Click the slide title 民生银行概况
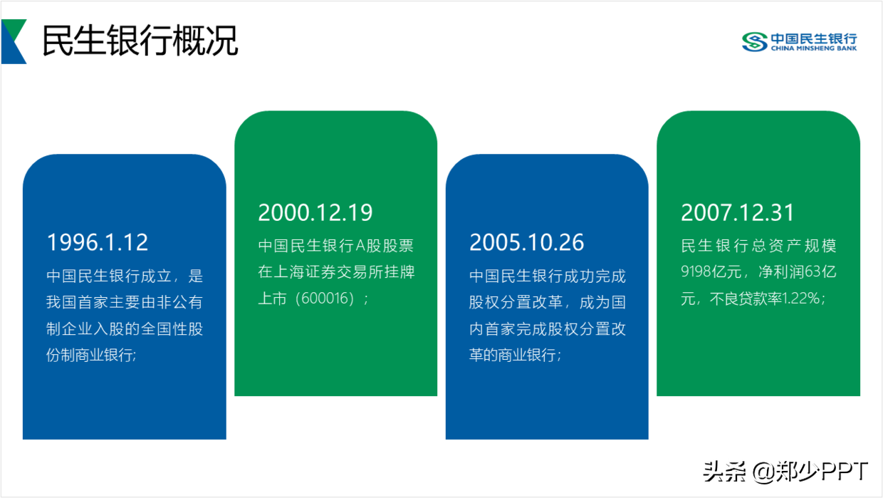point(140,40)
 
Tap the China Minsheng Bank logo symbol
point(755,42)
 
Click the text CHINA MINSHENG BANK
point(814,48)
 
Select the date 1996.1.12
point(98,242)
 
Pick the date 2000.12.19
point(315,212)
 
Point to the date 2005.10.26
point(527,242)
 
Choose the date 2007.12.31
point(738,212)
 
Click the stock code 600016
point(325,299)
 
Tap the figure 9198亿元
point(711,271)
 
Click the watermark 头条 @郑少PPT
point(785,471)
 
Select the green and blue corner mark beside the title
point(14,41)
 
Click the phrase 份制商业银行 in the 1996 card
point(90,355)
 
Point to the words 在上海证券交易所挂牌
point(336,271)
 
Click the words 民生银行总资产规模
point(758,245)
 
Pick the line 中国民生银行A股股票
point(336,245)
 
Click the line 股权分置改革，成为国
point(547,302)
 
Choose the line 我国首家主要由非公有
point(125,302)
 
